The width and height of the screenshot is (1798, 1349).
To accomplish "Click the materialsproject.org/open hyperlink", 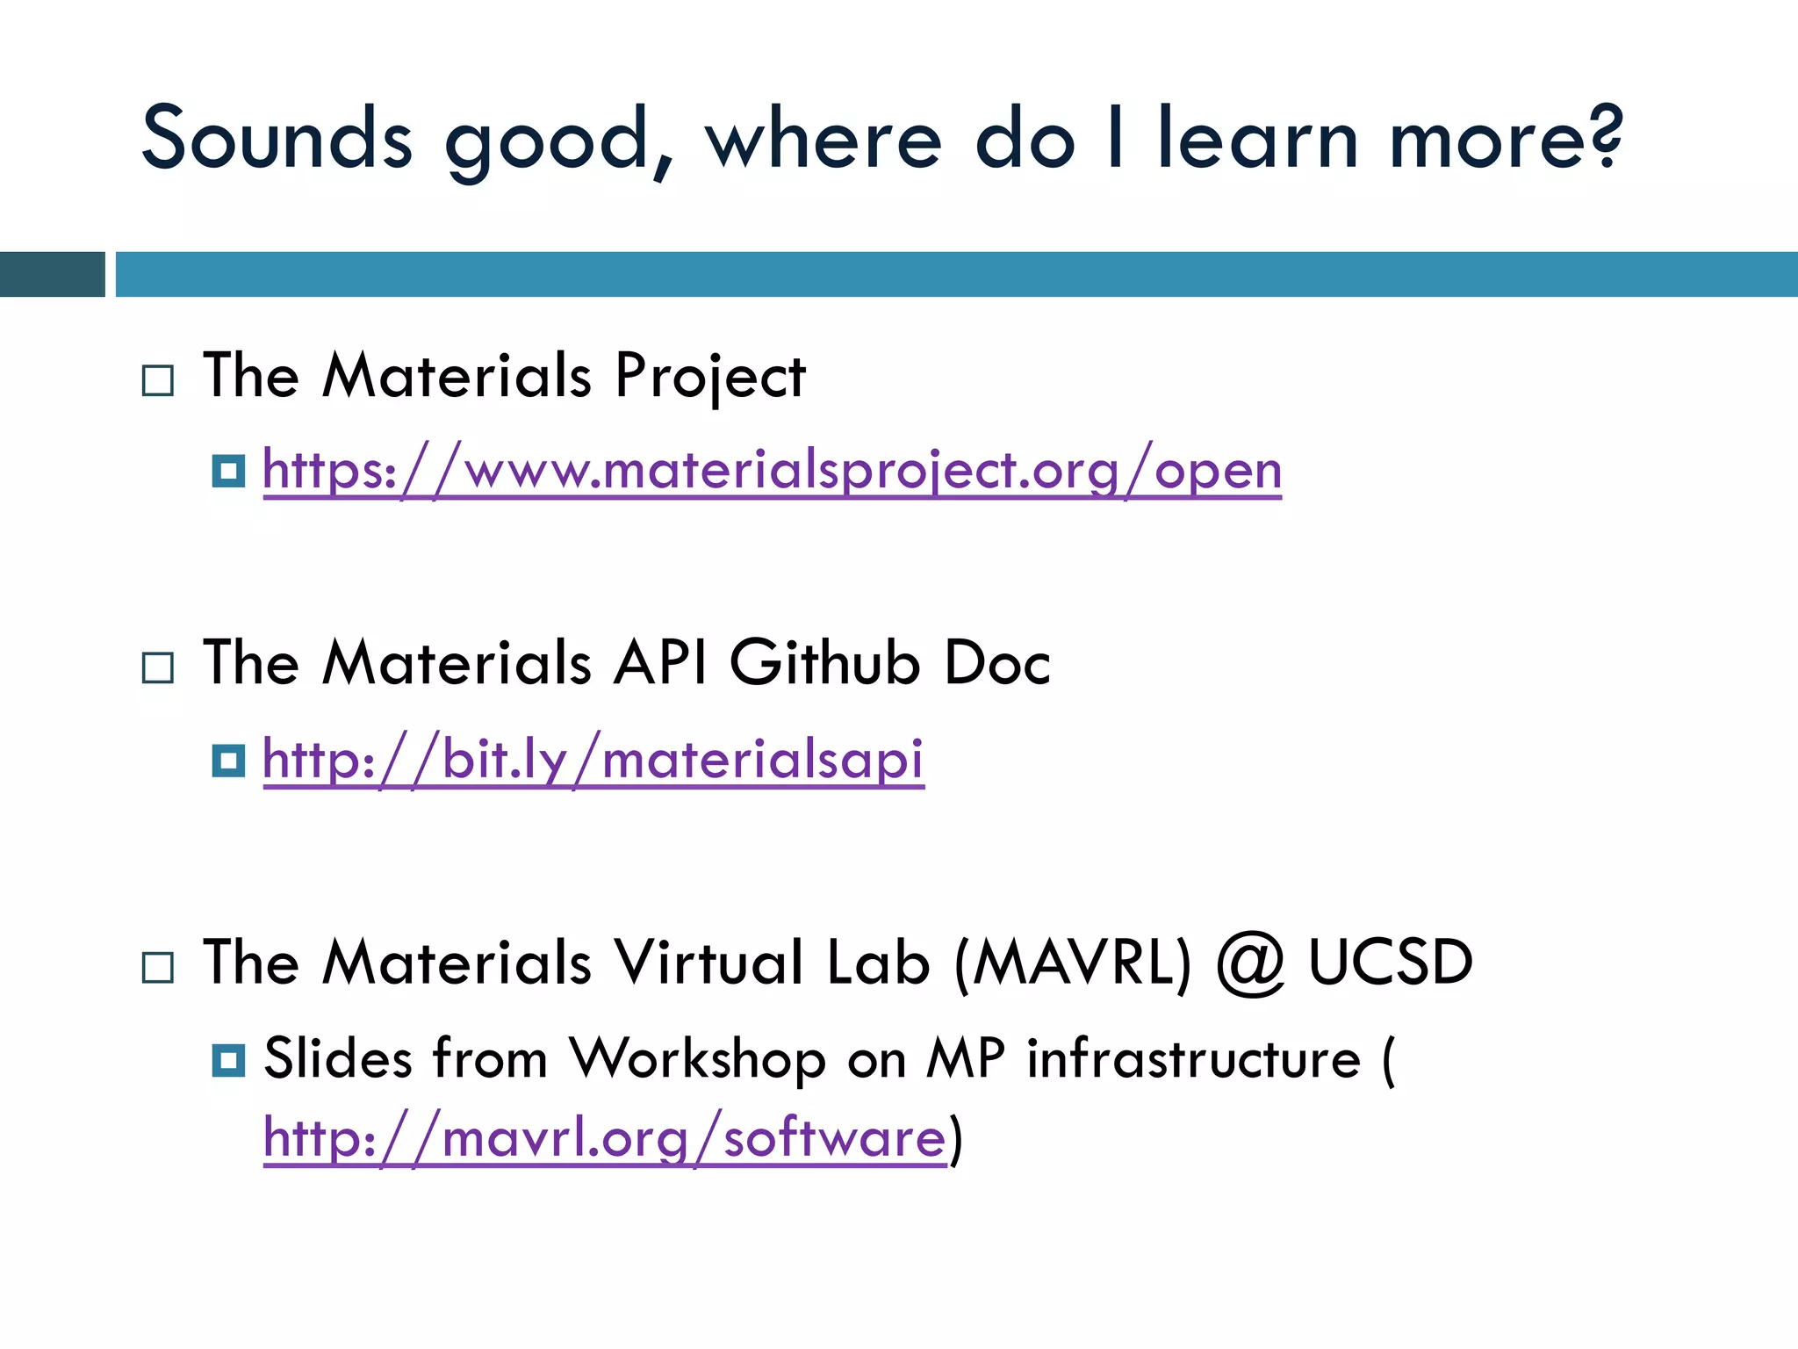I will [772, 471].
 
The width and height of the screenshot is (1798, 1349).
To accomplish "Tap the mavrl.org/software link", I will [605, 1138].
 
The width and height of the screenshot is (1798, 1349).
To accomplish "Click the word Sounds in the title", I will [277, 139].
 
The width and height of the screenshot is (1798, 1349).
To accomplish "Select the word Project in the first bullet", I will [709, 376].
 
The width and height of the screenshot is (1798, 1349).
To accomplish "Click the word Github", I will [824, 662].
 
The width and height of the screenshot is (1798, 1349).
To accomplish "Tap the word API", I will [660, 662].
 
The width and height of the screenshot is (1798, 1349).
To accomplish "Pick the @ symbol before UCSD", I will [1250, 963].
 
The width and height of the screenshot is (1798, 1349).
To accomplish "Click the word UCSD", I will [1391, 963].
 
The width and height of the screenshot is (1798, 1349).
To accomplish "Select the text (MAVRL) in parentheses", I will [1073, 963].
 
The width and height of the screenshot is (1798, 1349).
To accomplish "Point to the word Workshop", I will [698, 1058].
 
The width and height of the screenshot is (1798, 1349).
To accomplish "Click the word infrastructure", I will [1194, 1058].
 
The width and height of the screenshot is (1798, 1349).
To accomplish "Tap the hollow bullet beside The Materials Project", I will [158, 381].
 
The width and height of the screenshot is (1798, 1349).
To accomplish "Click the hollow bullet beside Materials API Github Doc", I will [158, 668].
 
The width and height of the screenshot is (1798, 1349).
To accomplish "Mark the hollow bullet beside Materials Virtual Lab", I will [158, 968].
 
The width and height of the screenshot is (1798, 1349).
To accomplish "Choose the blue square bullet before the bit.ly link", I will [228, 761].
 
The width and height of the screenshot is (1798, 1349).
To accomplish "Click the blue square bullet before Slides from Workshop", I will [228, 1060].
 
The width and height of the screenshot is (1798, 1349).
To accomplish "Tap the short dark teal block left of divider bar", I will [52, 274].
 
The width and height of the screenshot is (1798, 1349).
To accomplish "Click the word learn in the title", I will [1257, 139].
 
